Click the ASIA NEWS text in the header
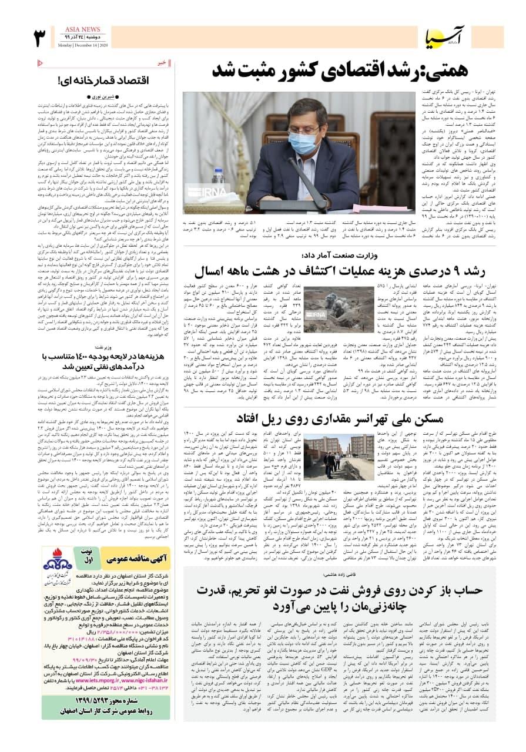pos(82,29)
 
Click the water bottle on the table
pos(219,183)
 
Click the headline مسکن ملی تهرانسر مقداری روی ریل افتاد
pos(343,419)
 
